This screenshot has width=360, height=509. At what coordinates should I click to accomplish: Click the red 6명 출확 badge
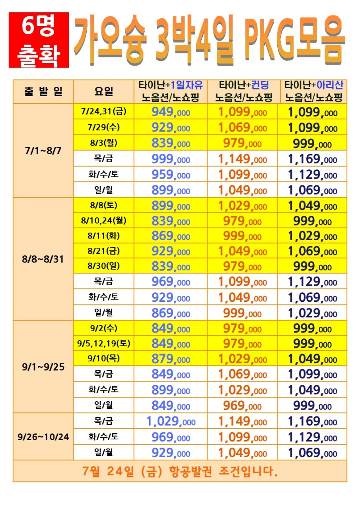[x=39, y=40]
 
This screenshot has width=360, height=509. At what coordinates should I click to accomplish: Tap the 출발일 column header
[x=43, y=91]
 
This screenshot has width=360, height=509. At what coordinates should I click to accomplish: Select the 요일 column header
[x=104, y=91]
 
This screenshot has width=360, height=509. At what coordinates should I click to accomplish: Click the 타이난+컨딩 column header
[x=243, y=91]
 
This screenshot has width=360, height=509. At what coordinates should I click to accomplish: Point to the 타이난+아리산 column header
[x=313, y=91]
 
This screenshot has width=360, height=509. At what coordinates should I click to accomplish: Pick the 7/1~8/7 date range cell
[x=43, y=151]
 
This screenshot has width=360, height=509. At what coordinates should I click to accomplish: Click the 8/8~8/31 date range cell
[x=43, y=259]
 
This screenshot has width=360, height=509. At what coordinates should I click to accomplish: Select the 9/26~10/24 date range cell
[x=43, y=437]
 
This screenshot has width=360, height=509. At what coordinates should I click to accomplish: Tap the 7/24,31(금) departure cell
[x=104, y=111]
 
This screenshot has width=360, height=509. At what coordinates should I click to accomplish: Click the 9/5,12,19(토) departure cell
[x=104, y=343]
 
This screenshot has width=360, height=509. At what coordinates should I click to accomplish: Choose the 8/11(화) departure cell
[x=104, y=236]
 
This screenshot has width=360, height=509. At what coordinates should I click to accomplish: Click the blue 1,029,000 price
[x=171, y=421]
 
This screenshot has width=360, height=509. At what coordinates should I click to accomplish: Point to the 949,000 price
[x=171, y=112]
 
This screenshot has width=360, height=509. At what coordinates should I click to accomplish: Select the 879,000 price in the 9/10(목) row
[x=171, y=359]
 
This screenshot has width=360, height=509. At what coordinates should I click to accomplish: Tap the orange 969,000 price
[x=242, y=406]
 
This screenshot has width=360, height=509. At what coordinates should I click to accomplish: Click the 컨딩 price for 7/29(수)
[x=243, y=128]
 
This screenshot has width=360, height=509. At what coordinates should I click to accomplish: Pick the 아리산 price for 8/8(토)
[x=313, y=206]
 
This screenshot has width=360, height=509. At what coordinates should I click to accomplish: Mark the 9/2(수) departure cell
[x=104, y=328]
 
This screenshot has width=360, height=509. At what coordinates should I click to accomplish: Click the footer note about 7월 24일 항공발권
[x=180, y=471]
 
